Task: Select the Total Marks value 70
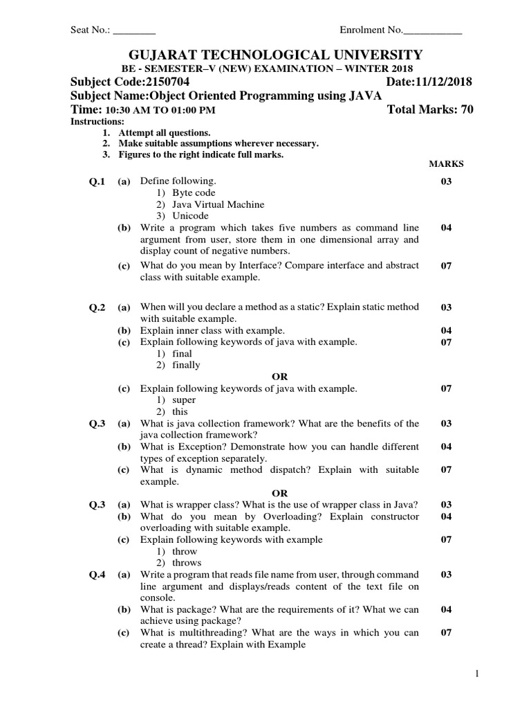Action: [x=467, y=110]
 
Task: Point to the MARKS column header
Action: [x=446, y=164]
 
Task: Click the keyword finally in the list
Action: [x=186, y=365]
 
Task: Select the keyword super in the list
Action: [x=184, y=400]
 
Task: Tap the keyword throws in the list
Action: [x=186, y=563]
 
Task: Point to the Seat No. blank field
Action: [x=134, y=30]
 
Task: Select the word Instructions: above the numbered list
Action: [x=97, y=122]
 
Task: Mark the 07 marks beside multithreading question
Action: [x=446, y=633]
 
